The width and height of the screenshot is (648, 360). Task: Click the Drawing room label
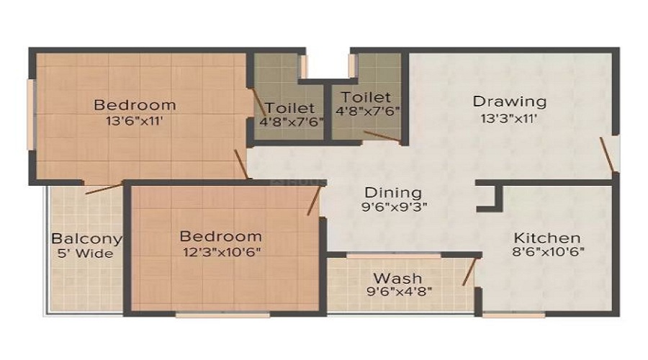510,102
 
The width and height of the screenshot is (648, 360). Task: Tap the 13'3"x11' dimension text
509,119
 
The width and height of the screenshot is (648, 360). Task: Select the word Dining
393,193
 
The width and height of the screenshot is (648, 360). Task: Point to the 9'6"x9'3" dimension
394,207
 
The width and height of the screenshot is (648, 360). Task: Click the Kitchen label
546,238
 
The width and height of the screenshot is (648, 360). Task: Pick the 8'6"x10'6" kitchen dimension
548,252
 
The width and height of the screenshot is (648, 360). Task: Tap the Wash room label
397,278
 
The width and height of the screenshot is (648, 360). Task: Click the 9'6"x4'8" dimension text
399,292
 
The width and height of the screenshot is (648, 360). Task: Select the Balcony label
87,239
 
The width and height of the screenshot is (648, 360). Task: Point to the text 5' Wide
85,253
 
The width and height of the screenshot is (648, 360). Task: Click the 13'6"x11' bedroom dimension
135,121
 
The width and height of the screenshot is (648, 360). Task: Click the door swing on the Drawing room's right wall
607,155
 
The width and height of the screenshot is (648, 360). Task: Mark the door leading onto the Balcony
104,189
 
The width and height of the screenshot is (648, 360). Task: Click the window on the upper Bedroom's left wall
30,114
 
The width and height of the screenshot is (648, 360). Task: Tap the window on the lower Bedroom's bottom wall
222,315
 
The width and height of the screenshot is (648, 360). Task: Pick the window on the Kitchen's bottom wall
513,315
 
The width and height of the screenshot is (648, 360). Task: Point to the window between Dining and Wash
394,256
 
